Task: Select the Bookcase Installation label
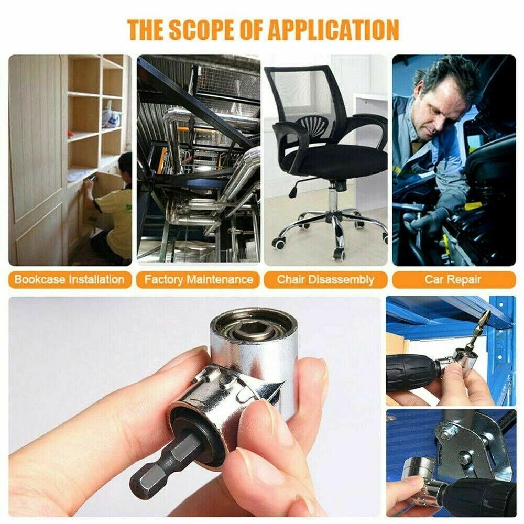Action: point(69,279)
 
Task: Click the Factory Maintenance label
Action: point(199,279)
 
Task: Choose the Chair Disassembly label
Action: point(325,279)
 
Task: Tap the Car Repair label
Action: point(453,279)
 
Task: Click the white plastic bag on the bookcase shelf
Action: point(111,116)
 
